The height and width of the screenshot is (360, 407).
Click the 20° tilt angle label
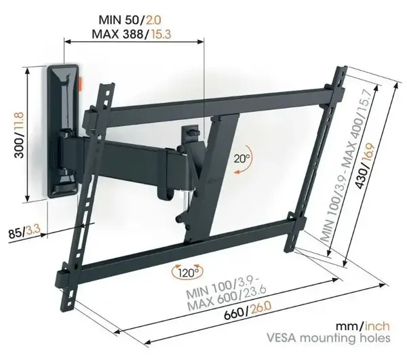[x=241, y=158]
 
